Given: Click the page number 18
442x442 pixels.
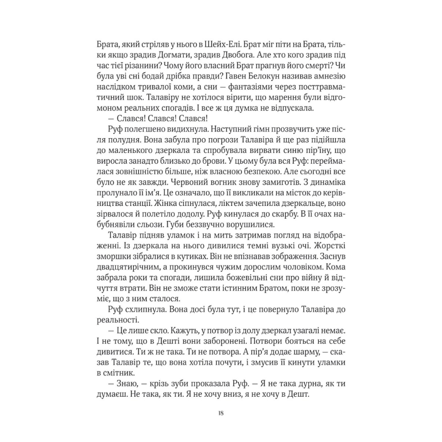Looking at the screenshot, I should point(221,413).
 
